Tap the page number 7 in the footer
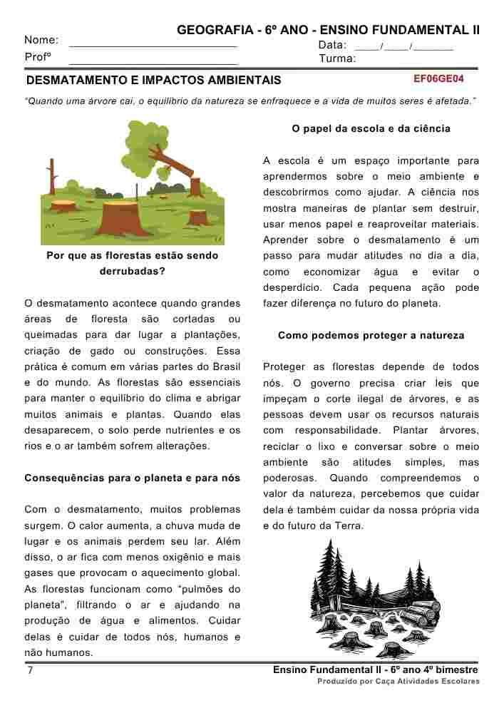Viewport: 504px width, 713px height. [x=30, y=672]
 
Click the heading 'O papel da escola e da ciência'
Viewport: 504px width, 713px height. [x=371, y=129]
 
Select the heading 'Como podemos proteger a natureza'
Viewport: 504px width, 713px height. [x=371, y=335]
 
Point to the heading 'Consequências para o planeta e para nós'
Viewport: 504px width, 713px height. [x=133, y=478]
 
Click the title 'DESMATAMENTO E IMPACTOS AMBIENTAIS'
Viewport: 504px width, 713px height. [x=153, y=81]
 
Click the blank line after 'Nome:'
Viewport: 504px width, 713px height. [x=153, y=43]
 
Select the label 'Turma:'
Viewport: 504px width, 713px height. [x=337, y=58]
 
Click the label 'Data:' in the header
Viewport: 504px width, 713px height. [x=332, y=45]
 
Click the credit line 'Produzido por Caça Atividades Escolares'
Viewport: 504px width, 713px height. [x=398, y=682]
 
